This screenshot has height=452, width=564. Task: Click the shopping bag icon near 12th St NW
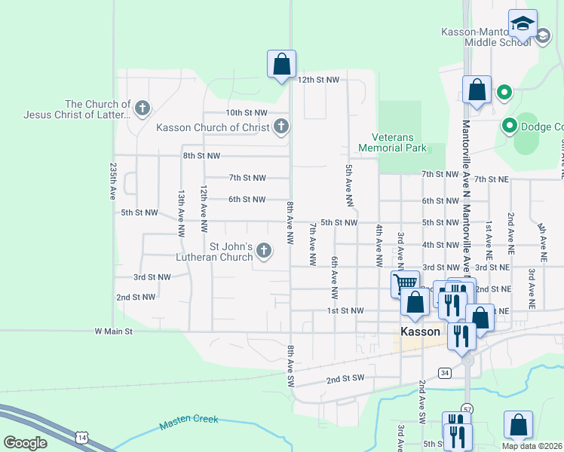click(x=281, y=64)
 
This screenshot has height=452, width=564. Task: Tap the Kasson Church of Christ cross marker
click(x=281, y=127)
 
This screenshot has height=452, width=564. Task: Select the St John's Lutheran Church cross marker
click(x=264, y=251)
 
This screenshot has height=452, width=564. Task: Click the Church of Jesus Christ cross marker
click(x=142, y=109)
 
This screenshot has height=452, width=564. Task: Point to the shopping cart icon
click(x=405, y=284)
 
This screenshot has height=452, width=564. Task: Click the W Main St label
click(x=113, y=331)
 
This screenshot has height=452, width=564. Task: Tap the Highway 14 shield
click(x=81, y=437)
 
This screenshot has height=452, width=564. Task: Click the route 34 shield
click(x=446, y=373)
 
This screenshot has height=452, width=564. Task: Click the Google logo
click(x=25, y=443)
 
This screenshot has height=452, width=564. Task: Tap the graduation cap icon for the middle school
click(x=523, y=23)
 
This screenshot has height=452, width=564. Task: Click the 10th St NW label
click(x=247, y=112)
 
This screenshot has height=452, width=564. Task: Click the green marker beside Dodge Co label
click(x=509, y=126)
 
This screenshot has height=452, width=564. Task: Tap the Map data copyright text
click(x=532, y=446)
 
